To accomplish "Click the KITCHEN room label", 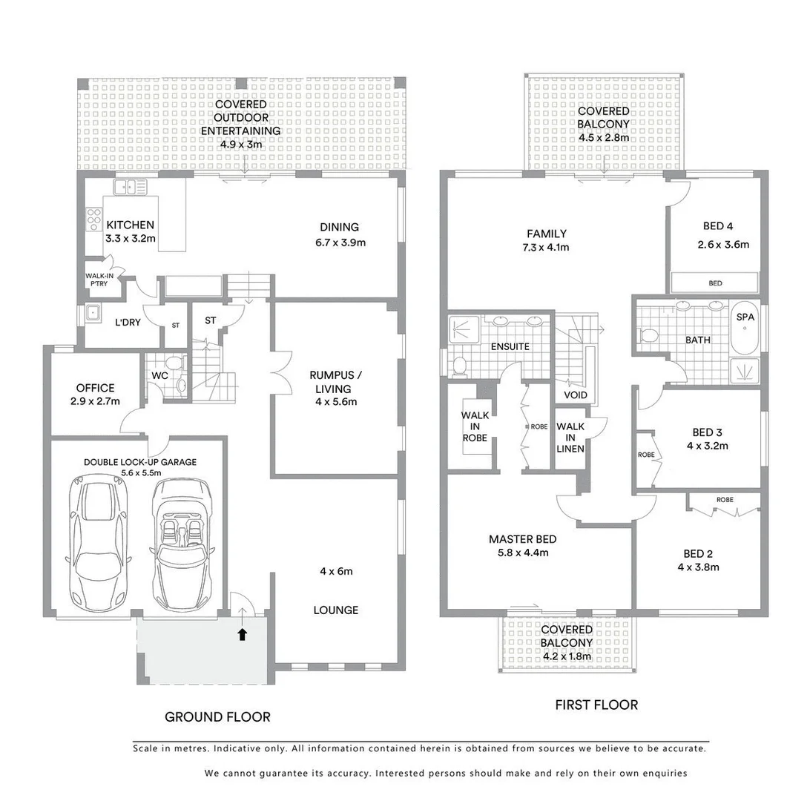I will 130,225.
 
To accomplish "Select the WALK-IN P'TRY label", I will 99,279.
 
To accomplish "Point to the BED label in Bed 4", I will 715,283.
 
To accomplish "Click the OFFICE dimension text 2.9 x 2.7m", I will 95,401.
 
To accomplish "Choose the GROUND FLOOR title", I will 217,716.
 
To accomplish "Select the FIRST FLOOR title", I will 596,705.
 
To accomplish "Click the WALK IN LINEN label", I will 570,438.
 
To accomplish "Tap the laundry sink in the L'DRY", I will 94,313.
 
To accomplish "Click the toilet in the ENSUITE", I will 459,365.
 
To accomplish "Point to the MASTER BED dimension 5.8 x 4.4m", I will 522,553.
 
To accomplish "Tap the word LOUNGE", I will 335,610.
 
